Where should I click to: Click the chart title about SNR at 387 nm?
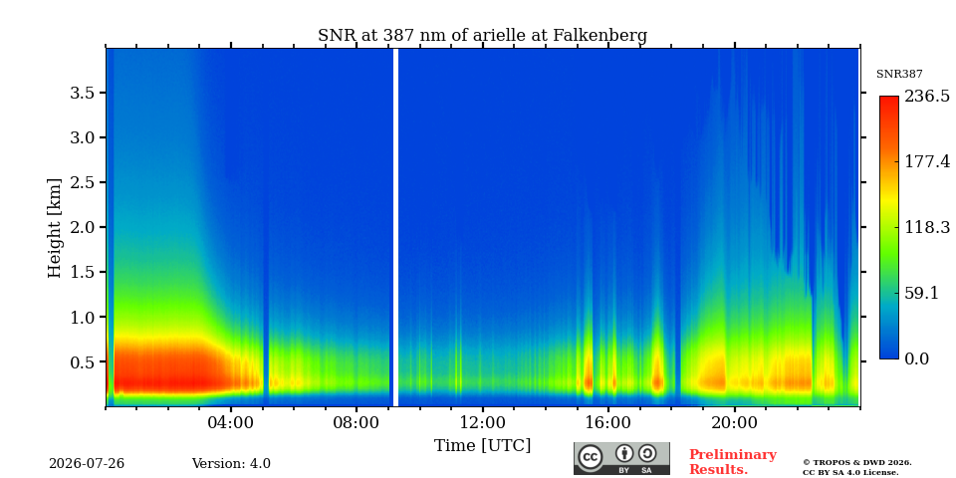pos(482,36)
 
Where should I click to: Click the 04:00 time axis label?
pos(230,422)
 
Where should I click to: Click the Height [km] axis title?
pos(55,228)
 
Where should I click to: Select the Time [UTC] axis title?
pos(482,446)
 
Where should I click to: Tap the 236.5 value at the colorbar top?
pos(927,97)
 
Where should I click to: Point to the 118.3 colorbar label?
pos(927,227)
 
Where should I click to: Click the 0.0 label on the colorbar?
pos(916,358)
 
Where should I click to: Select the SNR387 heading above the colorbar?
pos(899,74)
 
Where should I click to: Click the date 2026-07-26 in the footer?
pos(87,464)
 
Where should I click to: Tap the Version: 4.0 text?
pos(231,464)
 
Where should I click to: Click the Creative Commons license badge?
pos(621,458)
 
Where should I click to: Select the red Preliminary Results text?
pos(733,462)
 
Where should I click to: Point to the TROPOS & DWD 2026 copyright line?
pos(857,463)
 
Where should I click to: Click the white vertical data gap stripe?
pos(395,227)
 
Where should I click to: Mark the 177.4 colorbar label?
pos(927,161)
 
